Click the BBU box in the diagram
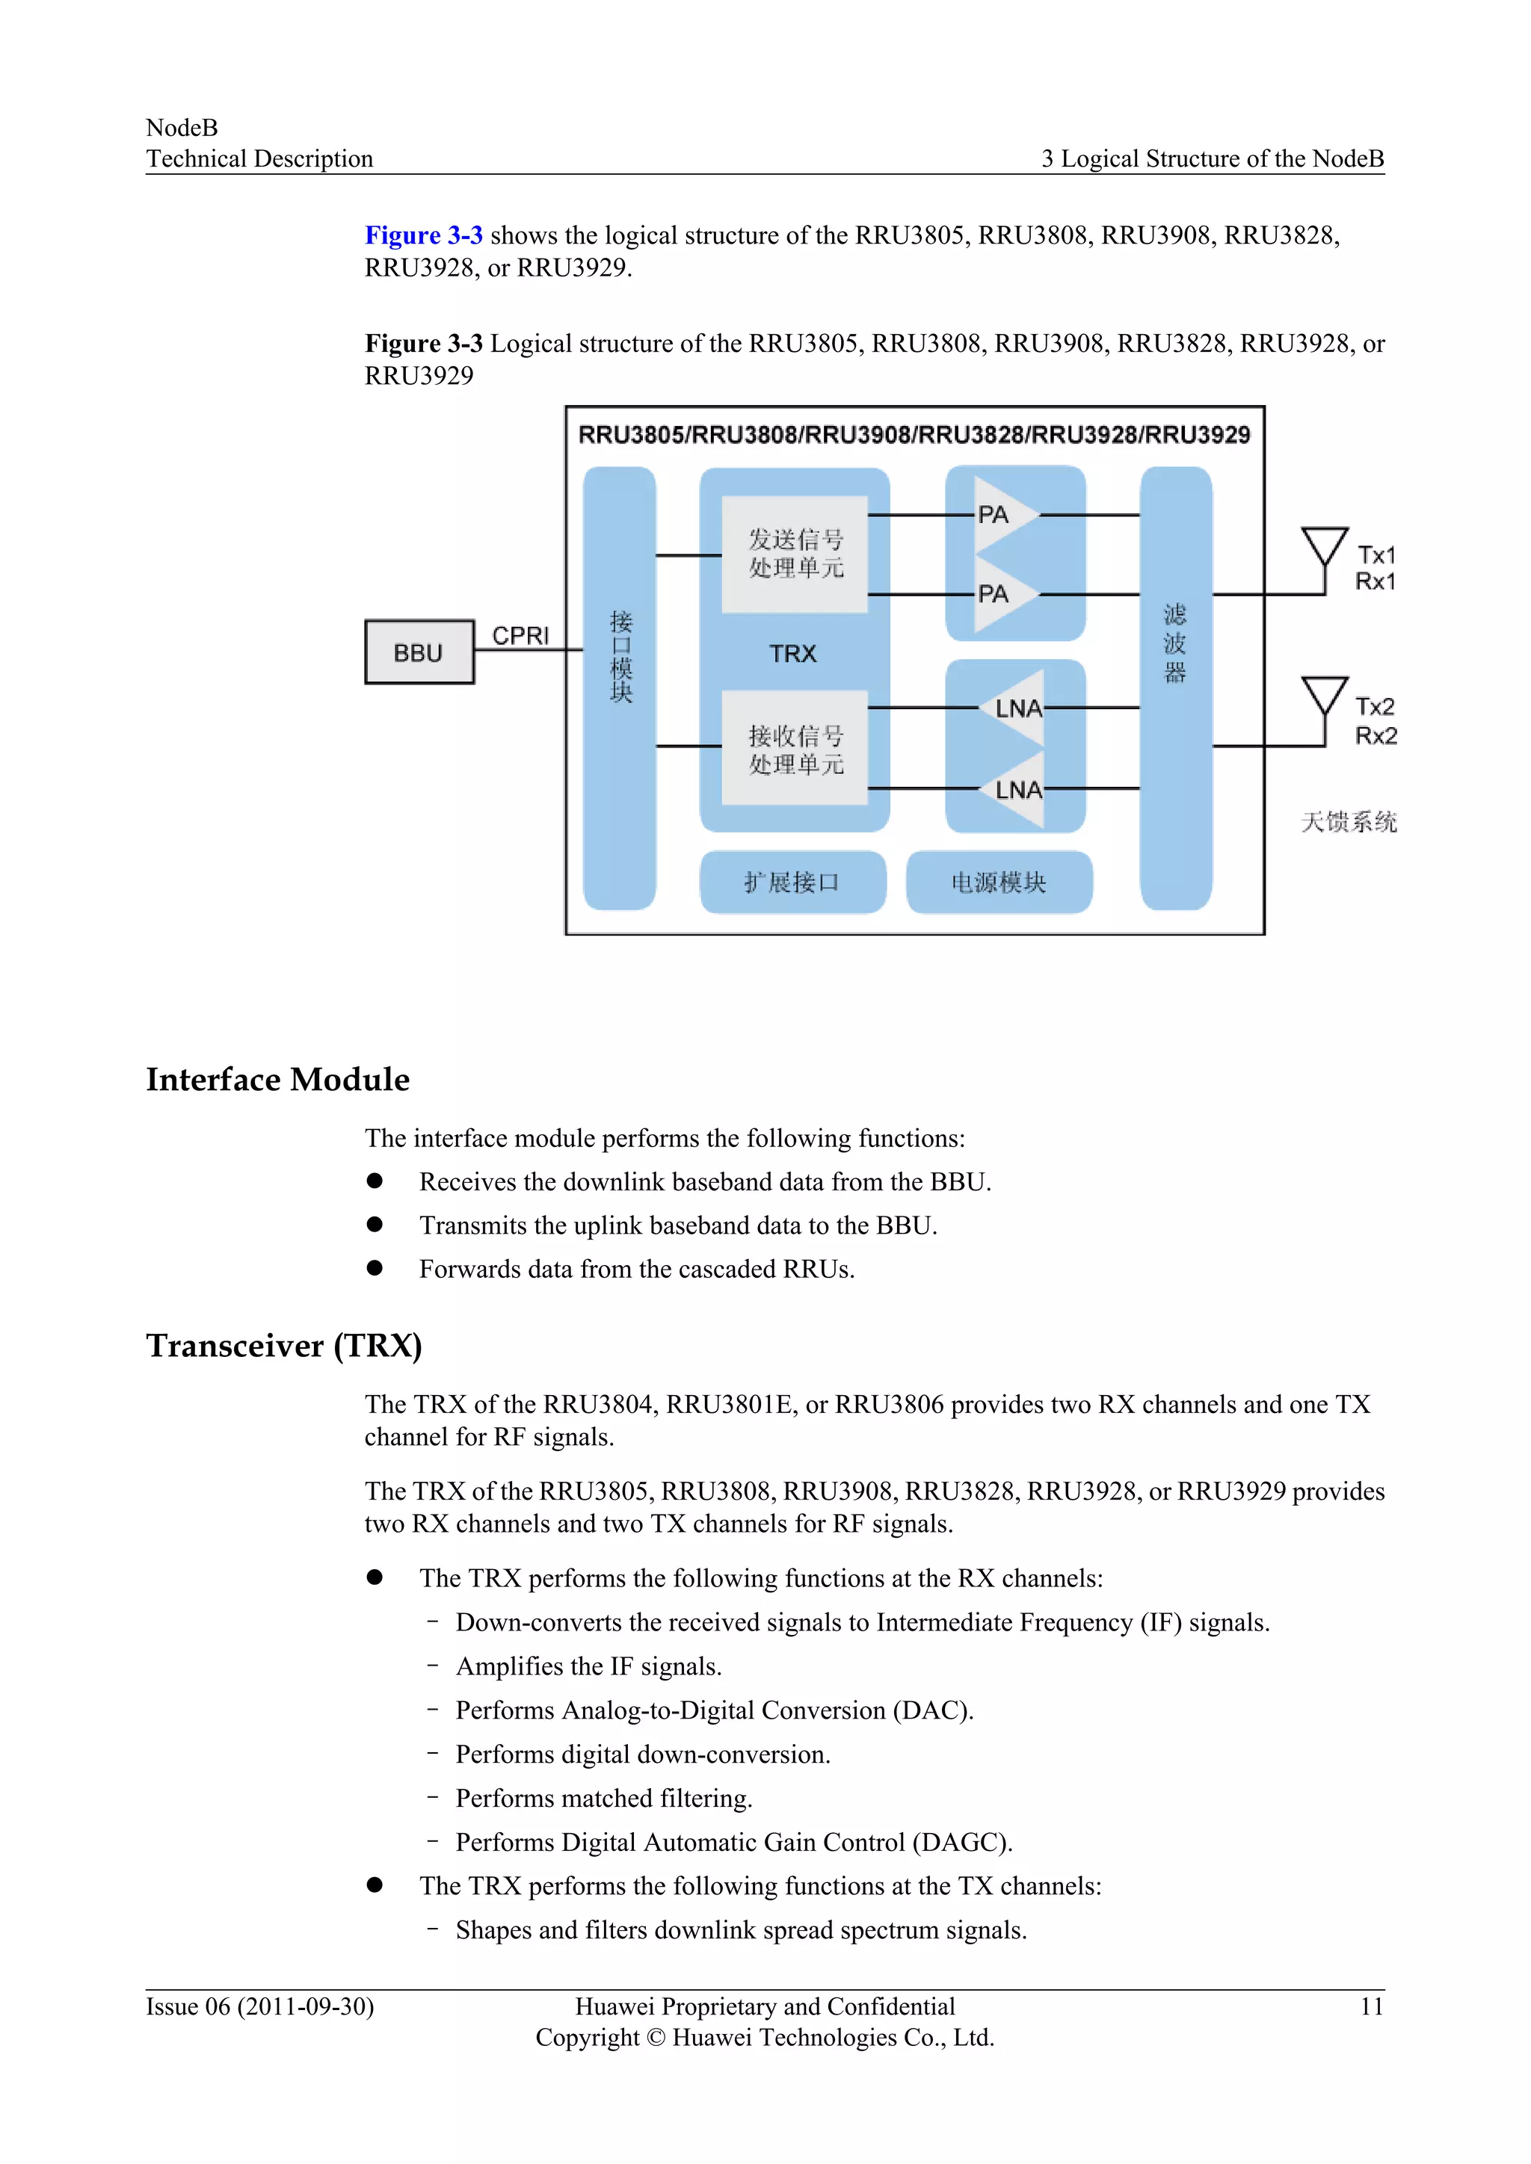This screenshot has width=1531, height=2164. tap(419, 652)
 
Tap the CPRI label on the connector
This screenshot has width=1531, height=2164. tap(520, 635)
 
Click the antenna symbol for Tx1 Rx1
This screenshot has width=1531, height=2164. tap(1324, 548)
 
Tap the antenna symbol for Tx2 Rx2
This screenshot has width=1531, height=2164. tap(1324, 697)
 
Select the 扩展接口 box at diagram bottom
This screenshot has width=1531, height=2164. tap(792, 882)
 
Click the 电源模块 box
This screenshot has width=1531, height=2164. tap(998, 882)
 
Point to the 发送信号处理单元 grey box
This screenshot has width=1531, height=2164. tap(795, 554)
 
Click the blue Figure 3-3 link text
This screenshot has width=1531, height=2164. tap(423, 235)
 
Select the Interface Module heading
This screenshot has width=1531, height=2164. tap(277, 1079)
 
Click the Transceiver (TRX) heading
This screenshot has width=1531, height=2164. tap(284, 1345)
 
